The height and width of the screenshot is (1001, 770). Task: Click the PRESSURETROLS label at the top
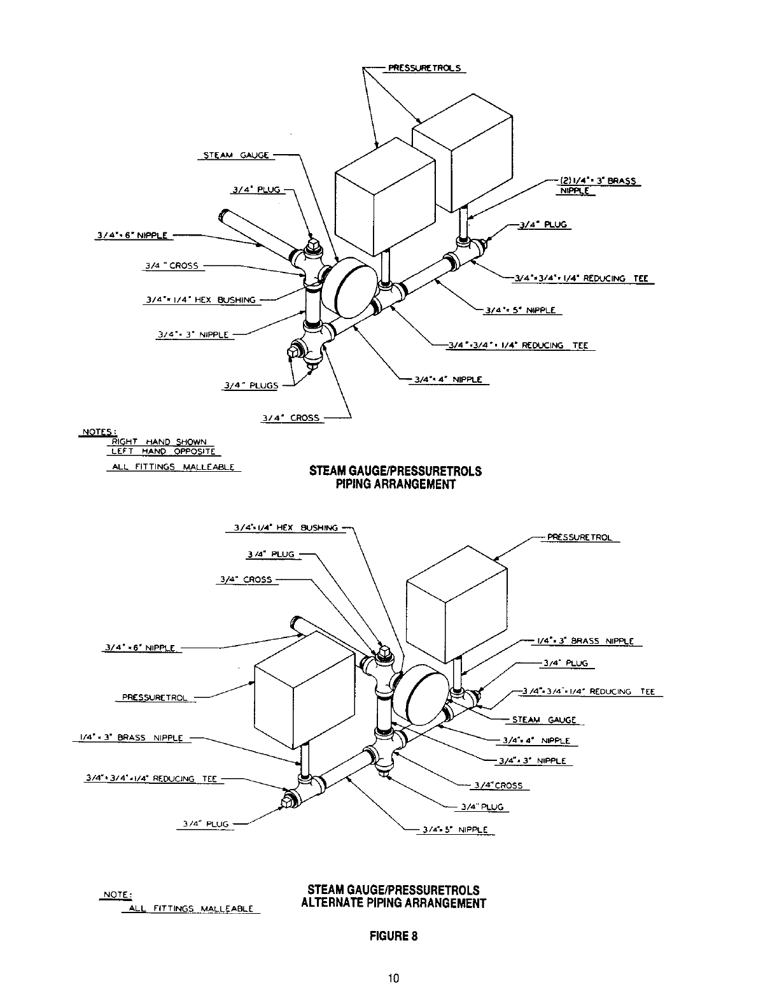[423, 68]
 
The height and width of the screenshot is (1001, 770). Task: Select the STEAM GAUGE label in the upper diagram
[236, 155]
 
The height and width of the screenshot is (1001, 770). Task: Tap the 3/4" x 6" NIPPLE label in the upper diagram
[131, 235]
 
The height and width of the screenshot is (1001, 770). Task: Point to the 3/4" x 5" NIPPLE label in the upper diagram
[520, 311]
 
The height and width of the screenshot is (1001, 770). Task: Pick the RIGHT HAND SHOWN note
[159, 442]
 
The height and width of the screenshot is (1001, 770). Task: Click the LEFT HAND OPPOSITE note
[162, 451]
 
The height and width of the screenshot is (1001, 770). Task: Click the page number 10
[394, 979]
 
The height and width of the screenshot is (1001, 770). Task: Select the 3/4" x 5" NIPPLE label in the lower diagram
[455, 830]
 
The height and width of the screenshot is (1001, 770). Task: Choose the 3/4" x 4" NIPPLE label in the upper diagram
[448, 380]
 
